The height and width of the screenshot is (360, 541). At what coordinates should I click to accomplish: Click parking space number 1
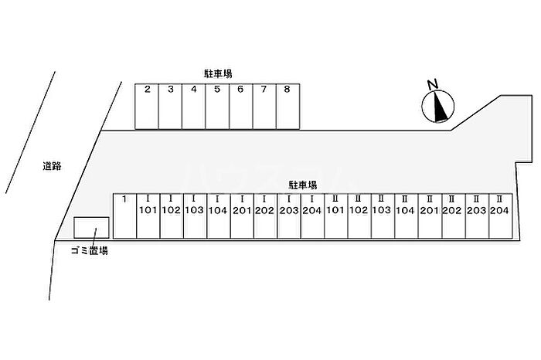coord(125,216)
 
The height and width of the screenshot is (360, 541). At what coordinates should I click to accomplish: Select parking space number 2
coord(147,107)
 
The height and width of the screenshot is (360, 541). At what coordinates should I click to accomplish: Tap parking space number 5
coord(217,107)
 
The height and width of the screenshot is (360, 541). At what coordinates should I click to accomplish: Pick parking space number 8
coord(288,107)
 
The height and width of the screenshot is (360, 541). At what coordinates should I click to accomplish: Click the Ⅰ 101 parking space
coord(148,216)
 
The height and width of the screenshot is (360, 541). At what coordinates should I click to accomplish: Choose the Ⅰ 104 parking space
coord(219,216)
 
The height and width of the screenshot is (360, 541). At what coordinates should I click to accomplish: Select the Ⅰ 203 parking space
coord(289,216)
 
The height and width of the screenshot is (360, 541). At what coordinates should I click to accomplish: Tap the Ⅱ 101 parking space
coord(336,216)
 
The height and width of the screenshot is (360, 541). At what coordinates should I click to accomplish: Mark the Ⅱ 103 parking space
coord(383,216)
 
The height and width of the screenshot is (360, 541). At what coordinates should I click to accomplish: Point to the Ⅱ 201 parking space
coord(430,216)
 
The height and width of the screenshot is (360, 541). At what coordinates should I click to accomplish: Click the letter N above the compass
coord(433,84)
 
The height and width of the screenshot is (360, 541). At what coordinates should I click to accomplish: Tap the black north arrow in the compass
coord(440,107)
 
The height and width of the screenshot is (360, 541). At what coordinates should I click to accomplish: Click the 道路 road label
coord(52,166)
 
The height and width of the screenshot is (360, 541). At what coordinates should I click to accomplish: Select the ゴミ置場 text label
coord(90,251)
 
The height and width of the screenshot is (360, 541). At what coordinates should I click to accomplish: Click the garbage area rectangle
coord(92,228)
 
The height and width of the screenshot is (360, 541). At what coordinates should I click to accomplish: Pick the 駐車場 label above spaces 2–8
coord(217,74)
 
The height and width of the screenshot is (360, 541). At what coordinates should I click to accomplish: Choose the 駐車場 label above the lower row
coord(303,185)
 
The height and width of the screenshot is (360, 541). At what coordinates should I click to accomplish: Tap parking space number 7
coord(264,107)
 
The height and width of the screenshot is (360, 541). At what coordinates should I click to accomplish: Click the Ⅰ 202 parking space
coord(266,216)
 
